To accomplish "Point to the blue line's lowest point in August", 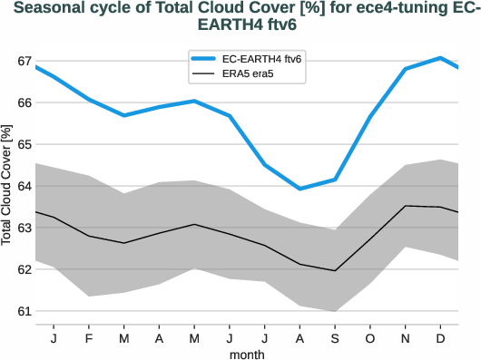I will [300, 189].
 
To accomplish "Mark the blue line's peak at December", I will [441, 58].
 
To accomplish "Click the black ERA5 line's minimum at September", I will [335, 270].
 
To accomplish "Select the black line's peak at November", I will [406, 206].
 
